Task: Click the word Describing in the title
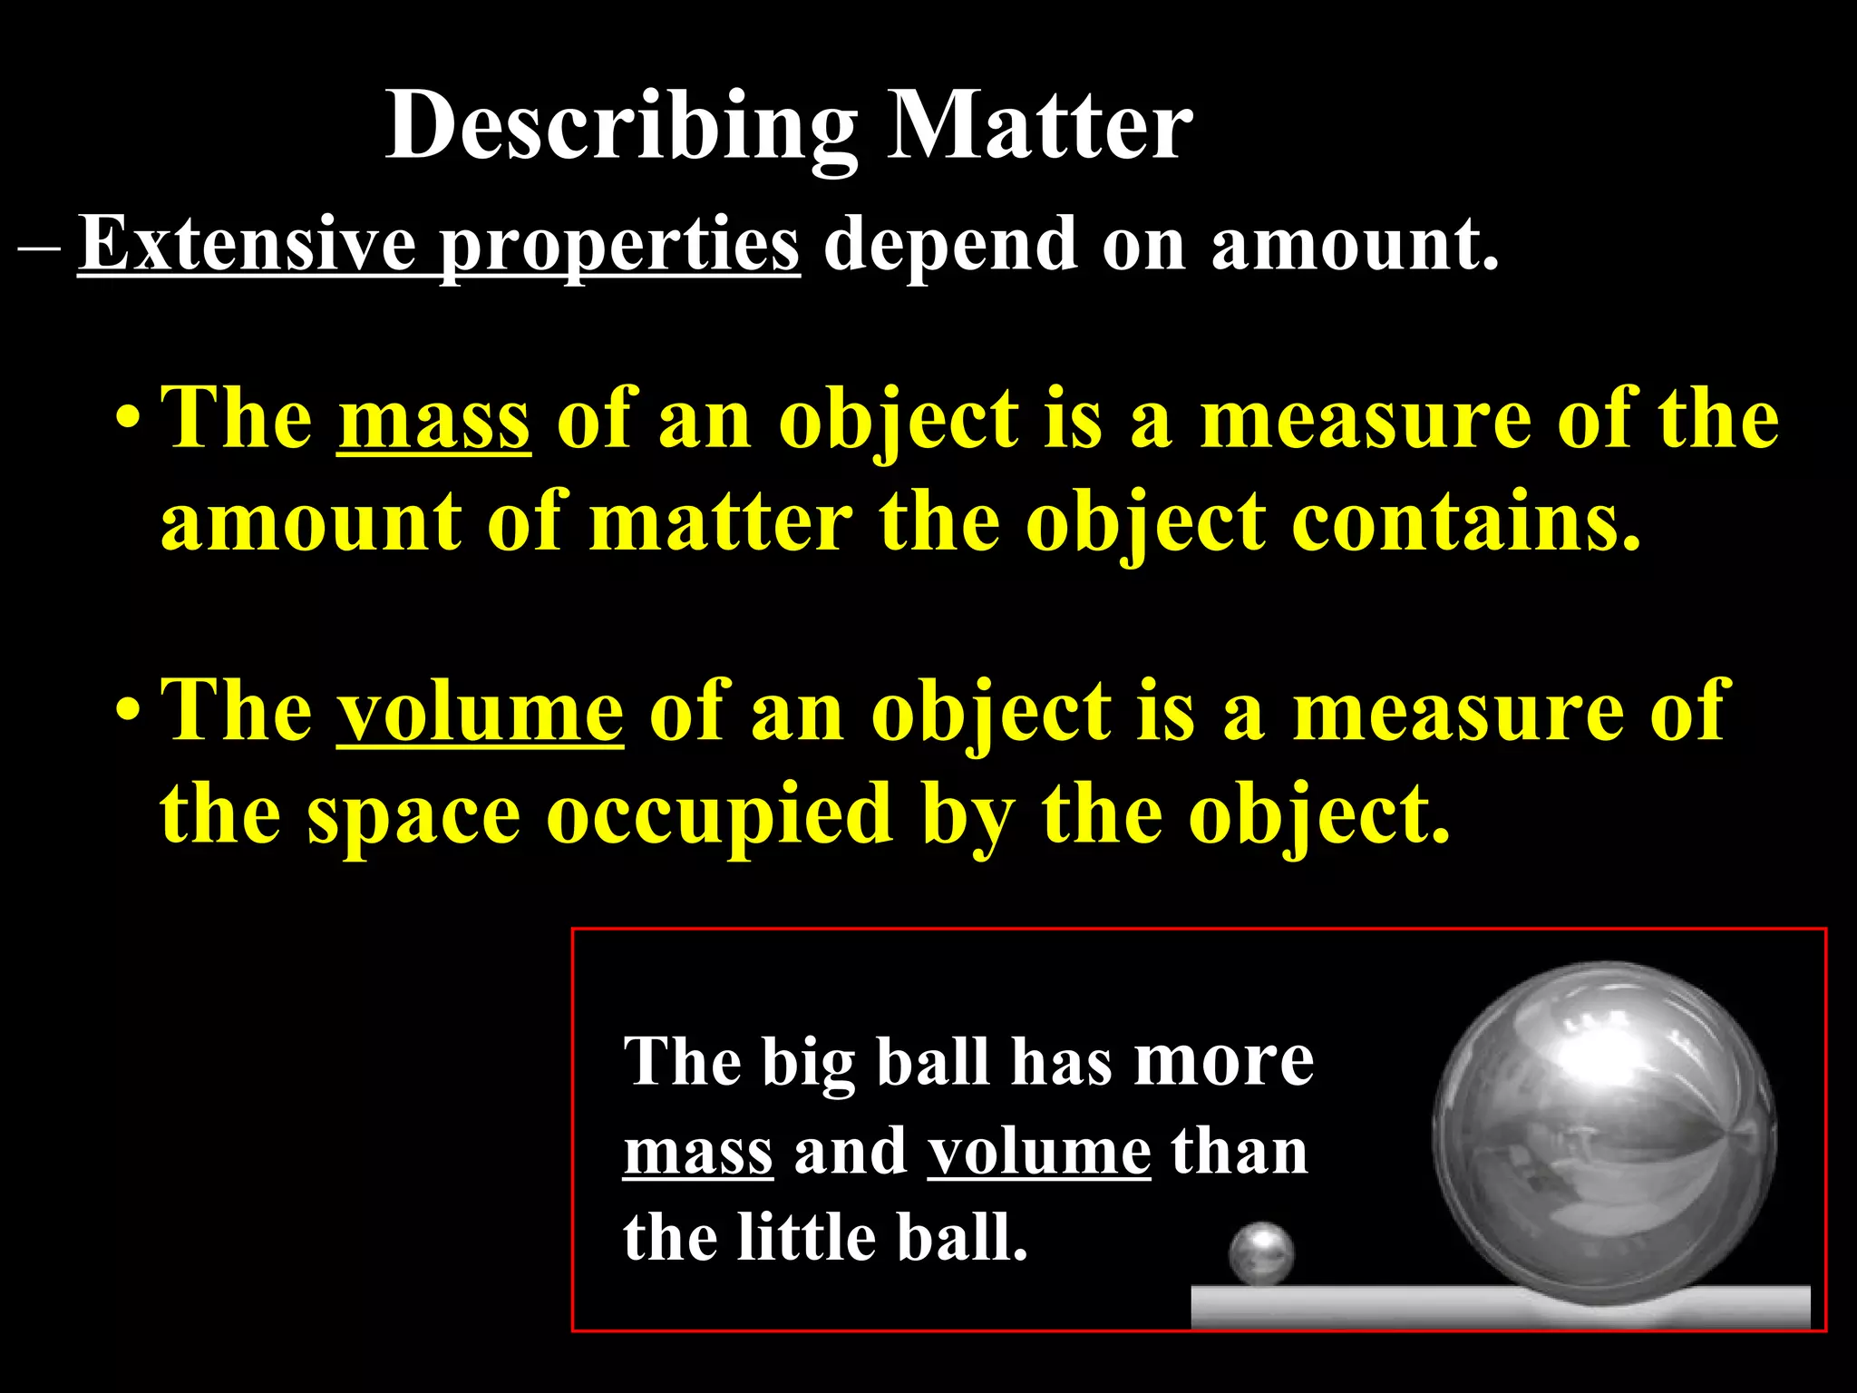point(621,127)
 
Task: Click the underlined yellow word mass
point(434,419)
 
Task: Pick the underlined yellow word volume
point(480,712)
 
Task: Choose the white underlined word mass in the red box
point(698,1152)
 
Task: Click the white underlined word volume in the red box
point(1039,1152)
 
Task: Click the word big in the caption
point(808,1063)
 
